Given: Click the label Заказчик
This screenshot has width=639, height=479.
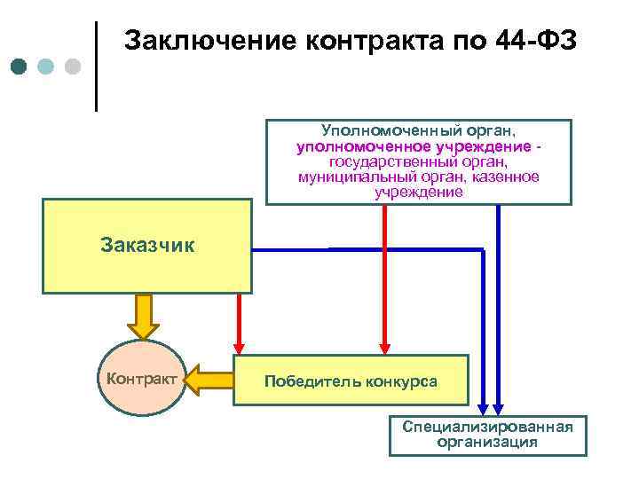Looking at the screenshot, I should coord(147,244).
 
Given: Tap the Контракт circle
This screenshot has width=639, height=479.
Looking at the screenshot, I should coord(141,378).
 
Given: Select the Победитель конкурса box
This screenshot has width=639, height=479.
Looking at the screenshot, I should coord(350,381).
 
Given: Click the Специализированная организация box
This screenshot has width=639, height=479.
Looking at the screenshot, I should coord(487,435).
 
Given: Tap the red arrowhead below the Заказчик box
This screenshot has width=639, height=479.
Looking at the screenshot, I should coord(238,347).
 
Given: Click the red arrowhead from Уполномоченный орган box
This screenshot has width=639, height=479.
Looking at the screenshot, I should coord(385,347).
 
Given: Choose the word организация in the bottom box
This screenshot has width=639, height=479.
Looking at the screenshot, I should coord(487,442).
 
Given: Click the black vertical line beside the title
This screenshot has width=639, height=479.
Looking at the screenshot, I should coord(96,67).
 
